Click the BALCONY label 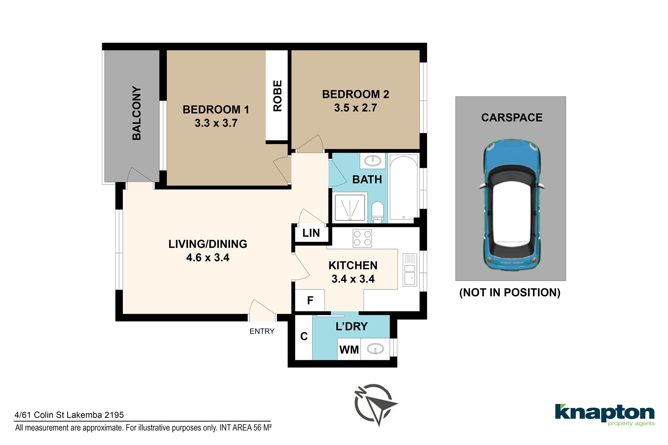coord(137,113)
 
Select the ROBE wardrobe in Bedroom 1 coord(277,95)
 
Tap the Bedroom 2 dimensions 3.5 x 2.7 coord(355,108)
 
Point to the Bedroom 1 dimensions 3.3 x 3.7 coord(216,123)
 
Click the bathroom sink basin coord(372,161)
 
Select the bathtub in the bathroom coord(403,188)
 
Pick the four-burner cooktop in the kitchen coord(362,238)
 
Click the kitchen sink coord(410,270)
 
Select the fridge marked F coord(310,300)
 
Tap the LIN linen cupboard coord(311,233)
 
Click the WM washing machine coord(349,349)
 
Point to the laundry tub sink coord(375,349)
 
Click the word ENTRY coord(262,331)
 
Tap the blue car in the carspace coord(512,205)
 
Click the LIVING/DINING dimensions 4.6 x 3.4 coord(208,258)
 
